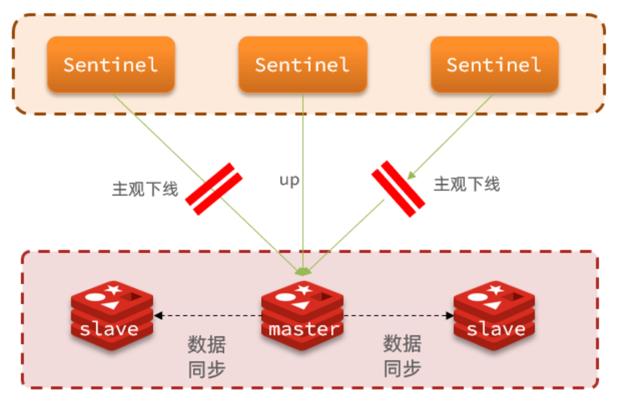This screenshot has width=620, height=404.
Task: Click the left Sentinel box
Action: [x=110, y=64]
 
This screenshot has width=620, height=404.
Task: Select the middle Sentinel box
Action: [x=302, y=64]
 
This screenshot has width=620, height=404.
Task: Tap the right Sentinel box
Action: [x=494, y=64]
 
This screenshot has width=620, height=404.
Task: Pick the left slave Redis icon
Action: [x=112, y=314]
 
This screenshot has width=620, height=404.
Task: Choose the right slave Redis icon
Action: [x=495, y=314]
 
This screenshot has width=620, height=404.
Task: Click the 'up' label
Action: [x=289, y=180]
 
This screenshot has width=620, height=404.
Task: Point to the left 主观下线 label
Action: [x=145, y=189]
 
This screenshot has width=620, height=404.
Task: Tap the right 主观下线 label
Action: [x=467, y=184]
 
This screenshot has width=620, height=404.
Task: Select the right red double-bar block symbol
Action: [x=398, y=189]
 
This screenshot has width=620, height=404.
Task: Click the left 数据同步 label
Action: [x=207, y=356]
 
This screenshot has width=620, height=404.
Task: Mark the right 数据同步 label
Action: [x=402, y=356]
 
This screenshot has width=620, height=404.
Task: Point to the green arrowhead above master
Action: [x=302, y=270]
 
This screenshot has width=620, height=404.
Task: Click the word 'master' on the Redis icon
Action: [x=303, y=330]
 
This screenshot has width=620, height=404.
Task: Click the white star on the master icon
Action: [x=304, y=289]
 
